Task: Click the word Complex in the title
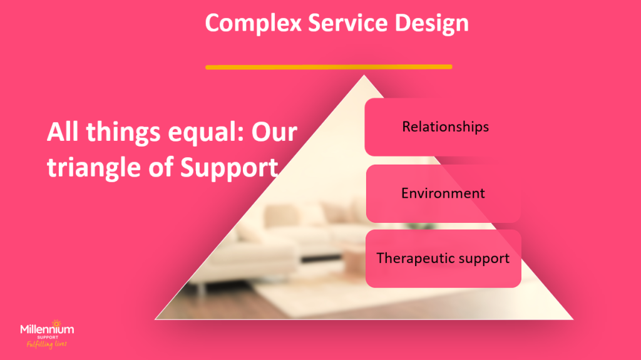click(253, 23)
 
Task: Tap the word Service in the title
click(347, 23)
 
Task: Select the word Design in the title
click(431, 24)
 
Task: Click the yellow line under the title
click(329, 67)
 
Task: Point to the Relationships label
click(445, 127)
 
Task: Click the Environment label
click(443, 193)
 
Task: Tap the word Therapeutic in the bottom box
click(414, 259)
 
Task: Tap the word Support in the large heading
click(229, 168)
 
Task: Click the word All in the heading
click(63, 132)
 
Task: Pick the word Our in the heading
click(274, 133)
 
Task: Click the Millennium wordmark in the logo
click(47, 329)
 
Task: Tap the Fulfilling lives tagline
click(46, 344)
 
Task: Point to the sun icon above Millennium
click(56, 323)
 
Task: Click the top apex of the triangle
click(364, 75)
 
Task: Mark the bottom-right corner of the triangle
click(573, 319)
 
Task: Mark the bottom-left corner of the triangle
click(155, 319)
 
